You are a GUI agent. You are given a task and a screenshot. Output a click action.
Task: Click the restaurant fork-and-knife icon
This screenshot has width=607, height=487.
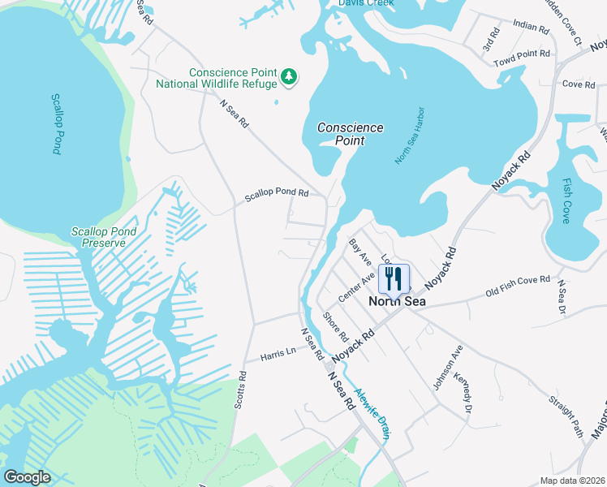click(394, 279)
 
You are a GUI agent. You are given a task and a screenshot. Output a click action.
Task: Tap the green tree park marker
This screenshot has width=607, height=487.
click(290, 77)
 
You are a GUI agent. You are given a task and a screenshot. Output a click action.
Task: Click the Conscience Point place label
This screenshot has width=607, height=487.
click(351, 134)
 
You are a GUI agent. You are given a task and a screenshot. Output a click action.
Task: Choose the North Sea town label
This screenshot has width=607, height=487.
click(398, 301)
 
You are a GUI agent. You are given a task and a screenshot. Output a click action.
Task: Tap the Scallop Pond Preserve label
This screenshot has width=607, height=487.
click(98, 237)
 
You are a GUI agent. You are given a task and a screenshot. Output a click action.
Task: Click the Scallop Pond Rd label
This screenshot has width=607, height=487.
click(277, 195)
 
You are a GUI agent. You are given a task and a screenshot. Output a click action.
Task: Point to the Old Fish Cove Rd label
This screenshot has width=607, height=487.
click(518, 285)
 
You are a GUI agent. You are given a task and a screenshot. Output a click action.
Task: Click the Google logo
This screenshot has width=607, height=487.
click(27, 477)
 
